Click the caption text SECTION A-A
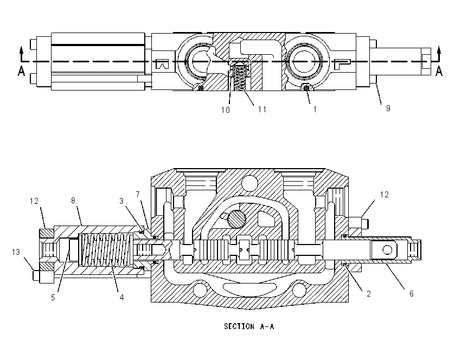[249, 326]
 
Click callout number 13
[16, 252]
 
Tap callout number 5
[53, 298]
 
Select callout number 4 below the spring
[121, 298]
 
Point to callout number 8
[73, 201]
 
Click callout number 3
[121, 201]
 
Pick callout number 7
[138, 195]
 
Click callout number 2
[369, 293]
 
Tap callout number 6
[411, 293]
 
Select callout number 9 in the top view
[388, 108]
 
